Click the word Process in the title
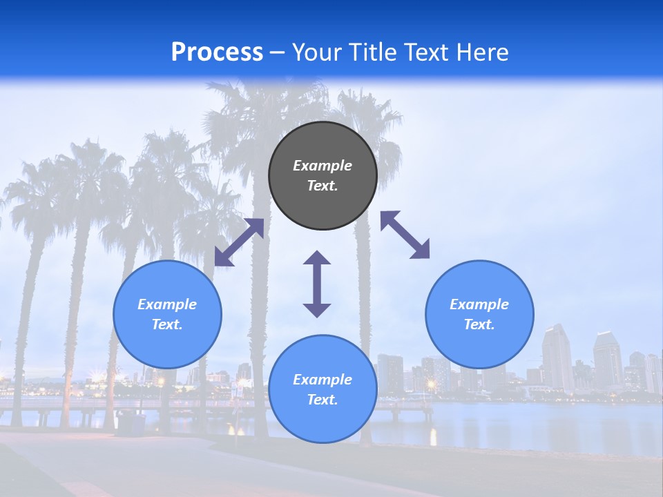(x=217, y=52)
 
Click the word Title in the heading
(x=372, y=52)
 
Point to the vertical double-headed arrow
(x=317, y=284)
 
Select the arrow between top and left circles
(x=239, y=242)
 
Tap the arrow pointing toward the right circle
(x=405, y=235)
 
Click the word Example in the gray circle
(x=323, y=166)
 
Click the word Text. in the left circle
(x=167, y=324)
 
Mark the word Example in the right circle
(x=479, y=304)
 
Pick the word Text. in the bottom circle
(x=323, y=400)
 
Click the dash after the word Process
(x=277, y=53)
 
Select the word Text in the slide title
(x=424, y=52)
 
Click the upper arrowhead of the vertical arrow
(x=317, y=259)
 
